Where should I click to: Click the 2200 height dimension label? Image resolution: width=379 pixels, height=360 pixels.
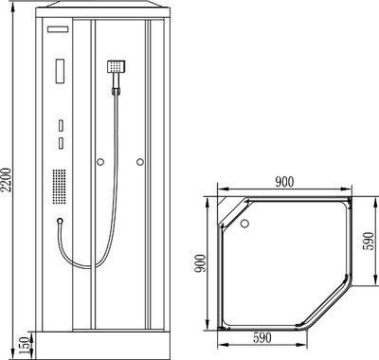click(8, 180)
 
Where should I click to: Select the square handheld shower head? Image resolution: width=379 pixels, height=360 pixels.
click(116, 66)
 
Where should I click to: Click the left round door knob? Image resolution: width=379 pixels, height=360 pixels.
click(100, 162)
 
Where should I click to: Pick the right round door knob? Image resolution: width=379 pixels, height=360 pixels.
click(140, 162)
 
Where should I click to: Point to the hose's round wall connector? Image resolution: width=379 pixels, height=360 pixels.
click(60, 221)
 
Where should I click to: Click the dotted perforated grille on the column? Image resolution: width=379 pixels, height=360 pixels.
click(59, 187)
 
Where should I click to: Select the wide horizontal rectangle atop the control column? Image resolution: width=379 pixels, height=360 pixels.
click(58, 29)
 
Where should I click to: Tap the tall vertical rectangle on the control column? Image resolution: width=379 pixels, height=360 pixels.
click(61, 71)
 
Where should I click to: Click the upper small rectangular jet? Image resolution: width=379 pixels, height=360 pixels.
click(61, 125)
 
